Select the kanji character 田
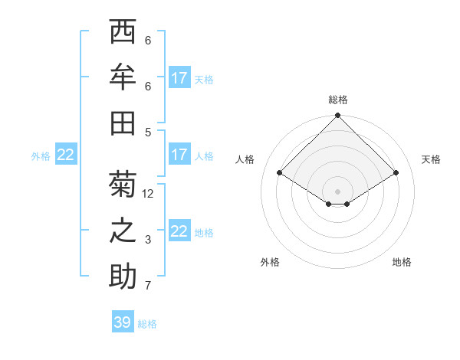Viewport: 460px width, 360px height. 123,123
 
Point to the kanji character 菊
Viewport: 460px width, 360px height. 123,184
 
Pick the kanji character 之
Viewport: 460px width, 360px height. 123,231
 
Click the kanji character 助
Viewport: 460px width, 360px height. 123,277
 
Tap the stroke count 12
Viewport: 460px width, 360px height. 149,194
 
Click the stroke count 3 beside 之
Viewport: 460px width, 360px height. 148,241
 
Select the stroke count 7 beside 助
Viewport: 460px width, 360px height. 148,286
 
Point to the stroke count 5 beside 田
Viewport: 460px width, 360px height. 148,132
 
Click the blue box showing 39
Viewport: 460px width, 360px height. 123,322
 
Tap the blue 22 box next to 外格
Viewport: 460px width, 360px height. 66,155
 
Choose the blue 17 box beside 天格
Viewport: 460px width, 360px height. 179,78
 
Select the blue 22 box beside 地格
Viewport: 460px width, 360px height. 179,232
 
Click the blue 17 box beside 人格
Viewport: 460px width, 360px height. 179,155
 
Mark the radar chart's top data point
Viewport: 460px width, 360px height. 338,116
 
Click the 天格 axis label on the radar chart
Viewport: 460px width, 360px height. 431,159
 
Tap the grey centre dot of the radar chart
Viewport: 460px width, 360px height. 338,191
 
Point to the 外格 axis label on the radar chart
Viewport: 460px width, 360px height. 270,262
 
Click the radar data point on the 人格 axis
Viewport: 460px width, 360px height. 280,172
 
